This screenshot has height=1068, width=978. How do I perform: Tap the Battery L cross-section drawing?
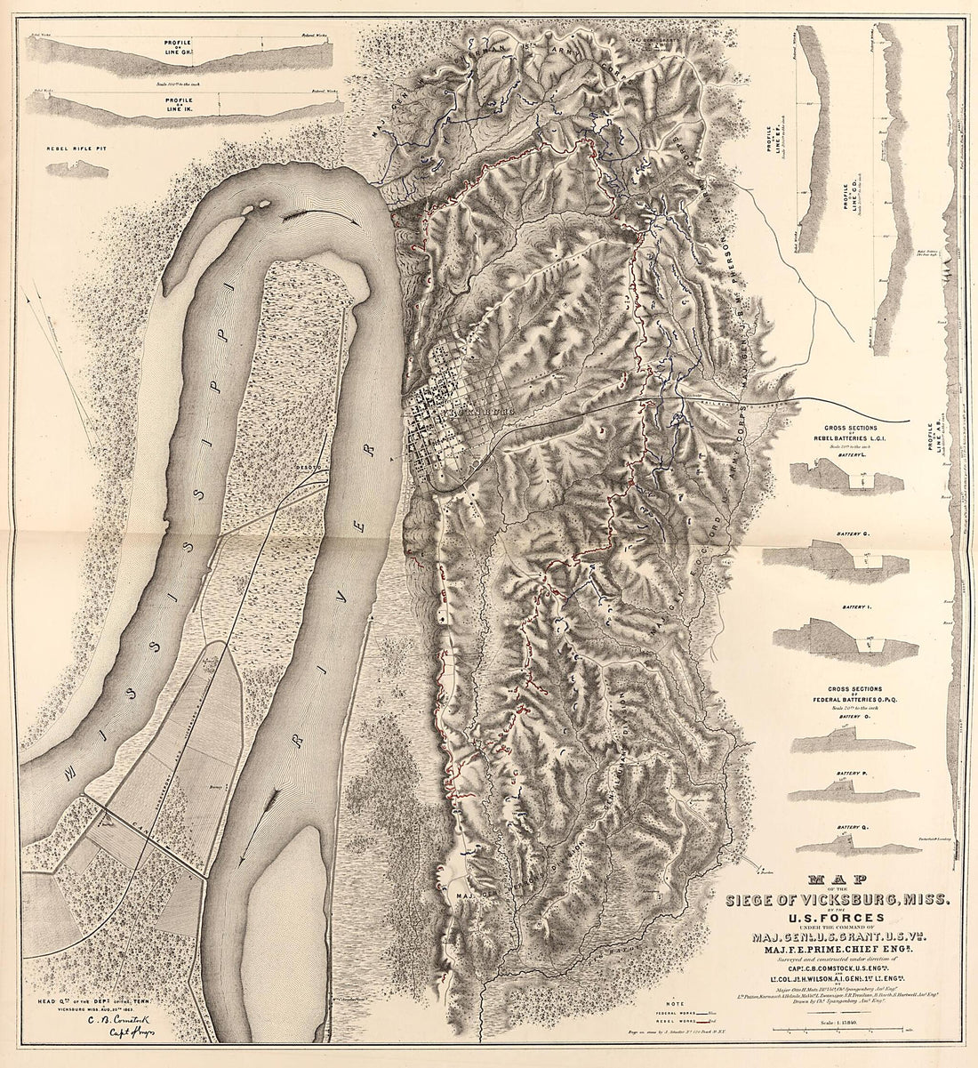(x=840, y=478)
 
